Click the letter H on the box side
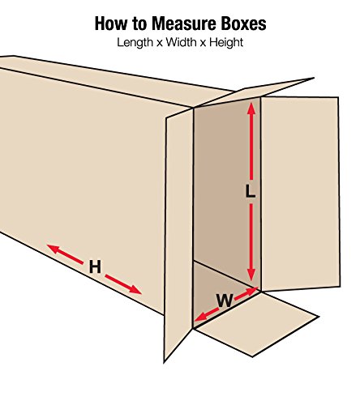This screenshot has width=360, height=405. (x=95, y=266)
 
